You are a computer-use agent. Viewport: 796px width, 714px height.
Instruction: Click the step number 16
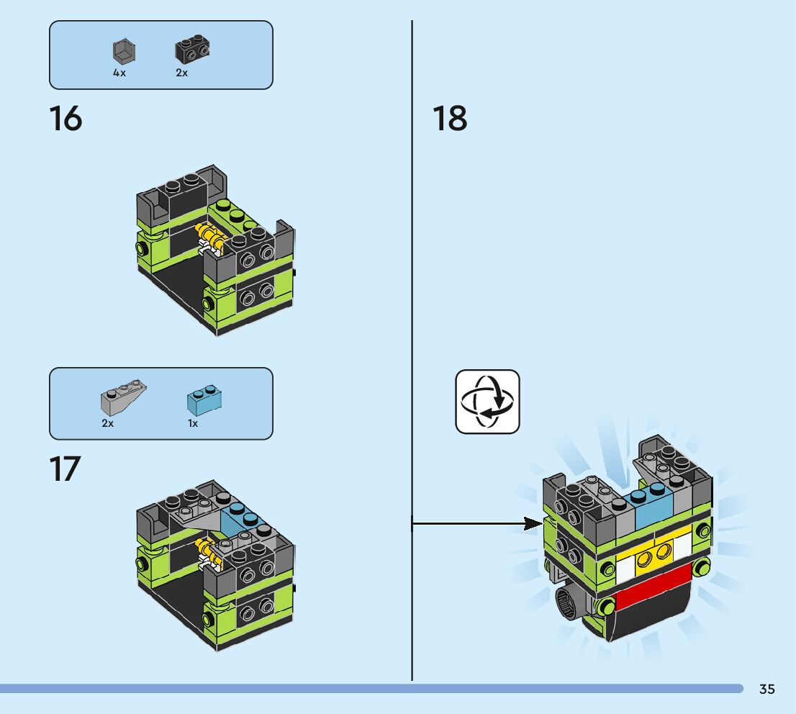[x=65, y=118]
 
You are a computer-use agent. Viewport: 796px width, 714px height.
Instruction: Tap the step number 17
[x=65, y=469]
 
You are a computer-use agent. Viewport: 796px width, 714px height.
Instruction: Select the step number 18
[x=450, y=118]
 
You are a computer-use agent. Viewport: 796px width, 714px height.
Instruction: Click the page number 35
[x=767, y=689]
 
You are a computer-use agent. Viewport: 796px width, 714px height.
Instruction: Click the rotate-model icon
[x=487, y=402]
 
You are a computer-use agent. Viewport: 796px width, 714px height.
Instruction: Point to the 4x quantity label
[x=119, y=73]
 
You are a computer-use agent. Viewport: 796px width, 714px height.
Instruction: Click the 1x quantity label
[x=193, y=423]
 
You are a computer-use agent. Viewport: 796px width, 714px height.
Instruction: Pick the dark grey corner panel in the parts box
[x=124, y=51]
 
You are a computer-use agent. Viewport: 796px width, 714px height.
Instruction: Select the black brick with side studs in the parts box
[x=192, y=49]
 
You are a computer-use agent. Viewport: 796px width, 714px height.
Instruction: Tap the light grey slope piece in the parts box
[x=123, y=396]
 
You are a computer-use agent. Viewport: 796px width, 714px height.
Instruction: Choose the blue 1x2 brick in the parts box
[x=204, y=399]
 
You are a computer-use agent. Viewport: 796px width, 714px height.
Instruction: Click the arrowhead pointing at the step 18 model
[x=533, y=523]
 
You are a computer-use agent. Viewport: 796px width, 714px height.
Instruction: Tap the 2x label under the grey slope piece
[x=108, y=423]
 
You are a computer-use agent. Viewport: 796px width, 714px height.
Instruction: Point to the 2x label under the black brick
[x=182, y=73]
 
